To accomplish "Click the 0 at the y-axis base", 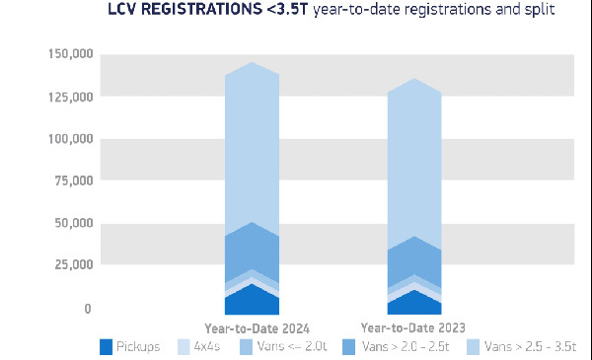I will tap(88, 309).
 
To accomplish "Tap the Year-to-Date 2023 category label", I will tap(412, 327).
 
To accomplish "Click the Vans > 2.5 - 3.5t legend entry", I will tap(529, 346).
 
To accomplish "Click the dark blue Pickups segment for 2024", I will tap(252, 301).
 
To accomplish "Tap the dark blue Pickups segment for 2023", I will tap(414, 303).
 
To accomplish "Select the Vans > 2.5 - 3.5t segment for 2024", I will tap(252, 148).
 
